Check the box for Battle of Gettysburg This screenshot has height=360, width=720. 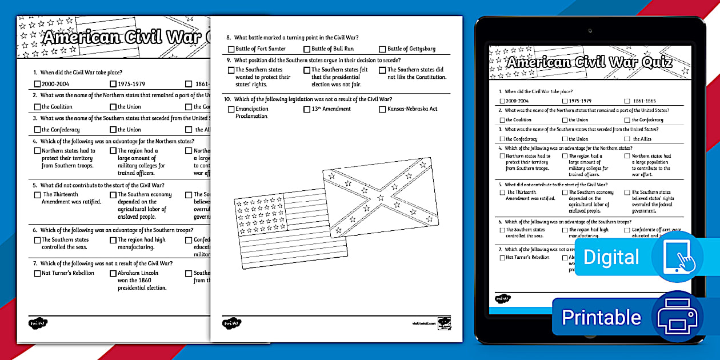tap(382, 49)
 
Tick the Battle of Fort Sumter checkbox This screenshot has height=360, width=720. tap(231, 49)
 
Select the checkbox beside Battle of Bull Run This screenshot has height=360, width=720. tap(307, 49)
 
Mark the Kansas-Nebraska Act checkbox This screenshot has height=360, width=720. tap(382, 109)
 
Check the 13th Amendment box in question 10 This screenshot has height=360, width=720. tap(307, 109)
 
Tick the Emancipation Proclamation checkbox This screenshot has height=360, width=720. tap(231, 109)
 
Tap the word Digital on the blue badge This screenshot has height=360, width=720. tap(611, 257)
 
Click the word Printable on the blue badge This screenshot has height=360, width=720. tap(601, 317)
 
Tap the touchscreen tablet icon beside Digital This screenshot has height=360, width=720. tap(677, 257)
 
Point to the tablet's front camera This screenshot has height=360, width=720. tap(590, 31)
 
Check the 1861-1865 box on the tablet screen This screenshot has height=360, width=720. tap(627, 101)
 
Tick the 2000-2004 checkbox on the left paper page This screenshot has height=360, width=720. tap(37, 84)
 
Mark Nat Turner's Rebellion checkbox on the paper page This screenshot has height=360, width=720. tap(37, 274)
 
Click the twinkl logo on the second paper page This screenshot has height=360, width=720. tap(231, 323)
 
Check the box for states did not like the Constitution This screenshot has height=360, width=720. tap(382, 70)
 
